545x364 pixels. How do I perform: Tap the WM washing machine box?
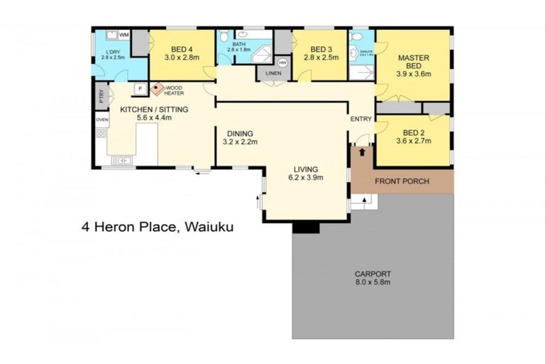123,35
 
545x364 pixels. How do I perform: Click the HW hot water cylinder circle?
282,63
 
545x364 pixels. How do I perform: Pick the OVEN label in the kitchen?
102,119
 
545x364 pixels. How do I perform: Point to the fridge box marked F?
139,88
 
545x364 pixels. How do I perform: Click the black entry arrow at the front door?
363,151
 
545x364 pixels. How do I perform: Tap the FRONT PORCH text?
402,181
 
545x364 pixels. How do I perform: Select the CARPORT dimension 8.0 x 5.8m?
373,282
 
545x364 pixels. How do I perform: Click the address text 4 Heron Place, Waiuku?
156,228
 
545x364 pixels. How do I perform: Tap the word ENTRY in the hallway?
360,119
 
